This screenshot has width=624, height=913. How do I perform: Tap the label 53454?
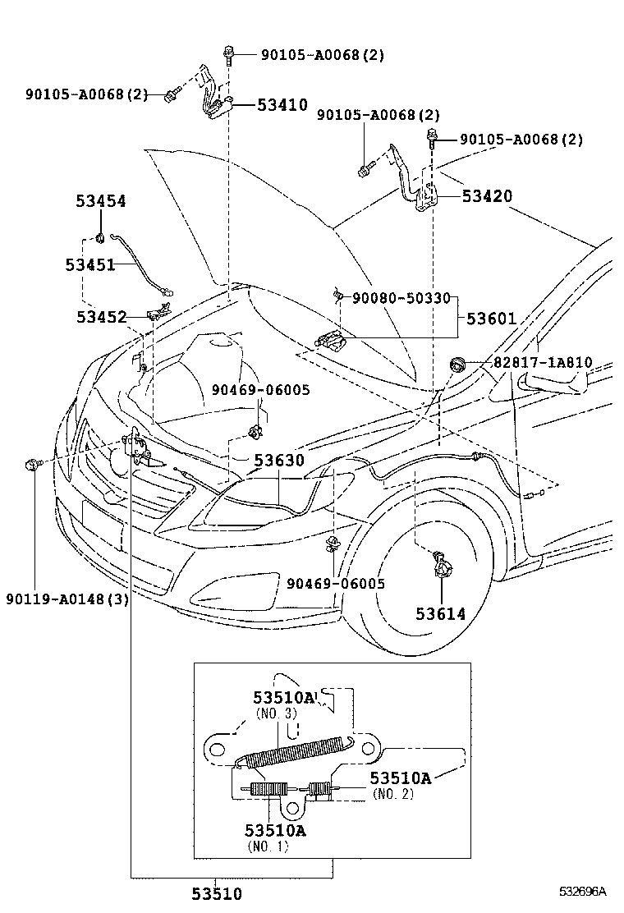click(x=101, y=200)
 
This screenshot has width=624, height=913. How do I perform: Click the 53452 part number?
click(x=101, y=317)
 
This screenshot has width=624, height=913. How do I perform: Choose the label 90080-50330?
click(x=401, y=299)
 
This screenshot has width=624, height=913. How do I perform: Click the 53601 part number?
click(x=492, y=318)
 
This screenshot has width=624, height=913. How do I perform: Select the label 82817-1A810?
click(x=542, y=362)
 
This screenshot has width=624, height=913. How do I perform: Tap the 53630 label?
click(x=278, y=461)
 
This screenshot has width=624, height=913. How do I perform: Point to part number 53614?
click(x=439, y=613)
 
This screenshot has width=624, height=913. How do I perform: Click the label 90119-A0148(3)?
click(x=67, y=599)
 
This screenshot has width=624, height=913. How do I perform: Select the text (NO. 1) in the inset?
click(x=268, y=846)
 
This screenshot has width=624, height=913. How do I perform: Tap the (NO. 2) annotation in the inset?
click(x=392, y=794)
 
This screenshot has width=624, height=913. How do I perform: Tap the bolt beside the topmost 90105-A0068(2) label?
click(x=227, y=56)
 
